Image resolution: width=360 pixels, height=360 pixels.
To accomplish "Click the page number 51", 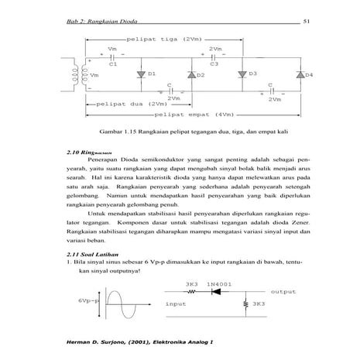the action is pos(306,20).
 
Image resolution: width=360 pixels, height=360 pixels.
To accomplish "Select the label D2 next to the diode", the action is pos(200,75).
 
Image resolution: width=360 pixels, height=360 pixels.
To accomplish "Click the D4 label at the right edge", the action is pos(307,75).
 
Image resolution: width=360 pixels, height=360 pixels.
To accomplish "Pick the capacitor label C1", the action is pos(113,65).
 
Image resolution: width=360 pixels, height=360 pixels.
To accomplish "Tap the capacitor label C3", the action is pos(214,65).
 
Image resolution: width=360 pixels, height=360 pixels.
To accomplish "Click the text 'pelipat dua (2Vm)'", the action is pos(128,104).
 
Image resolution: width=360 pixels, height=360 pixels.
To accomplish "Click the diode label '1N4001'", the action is pos(221,284).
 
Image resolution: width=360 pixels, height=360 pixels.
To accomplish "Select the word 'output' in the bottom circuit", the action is pos(283,293).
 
